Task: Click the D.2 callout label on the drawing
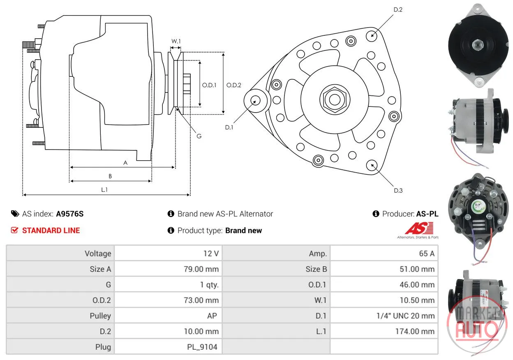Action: pyautogui.click(x=398, y=9)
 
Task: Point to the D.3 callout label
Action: pyautogui.click(x=398, y=191)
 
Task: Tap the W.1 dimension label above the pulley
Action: pyautogui.click(x=176, y=41)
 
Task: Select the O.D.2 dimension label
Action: pyautogui.click(x=233, y=85)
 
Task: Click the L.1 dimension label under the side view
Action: pyautogui.click(x=104, y=189)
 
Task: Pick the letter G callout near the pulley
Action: pyautogui.click(x=199, y=136)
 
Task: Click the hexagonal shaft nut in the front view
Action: pyautogui.click(x=335, y=99)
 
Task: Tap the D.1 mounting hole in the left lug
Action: pyautogui.click(x=255, y=101)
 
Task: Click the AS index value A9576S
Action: pyautogui.click(x=70, y=214)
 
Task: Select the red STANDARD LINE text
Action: pyautogui.click(x=51, y=231)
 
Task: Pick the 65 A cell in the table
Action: pyautogui.click(x=427, y=254)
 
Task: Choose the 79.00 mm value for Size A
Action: pyautogui.click(x=201, y=269)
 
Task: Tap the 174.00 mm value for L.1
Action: pyautogui.click(x=415, y=331)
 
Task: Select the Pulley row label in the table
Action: pyautogui.click(x=100, y=316)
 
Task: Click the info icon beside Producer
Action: pyautogui.click(x=376, y=214)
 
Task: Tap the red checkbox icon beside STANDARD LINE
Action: pyautogui.click(x=14, y=230)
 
